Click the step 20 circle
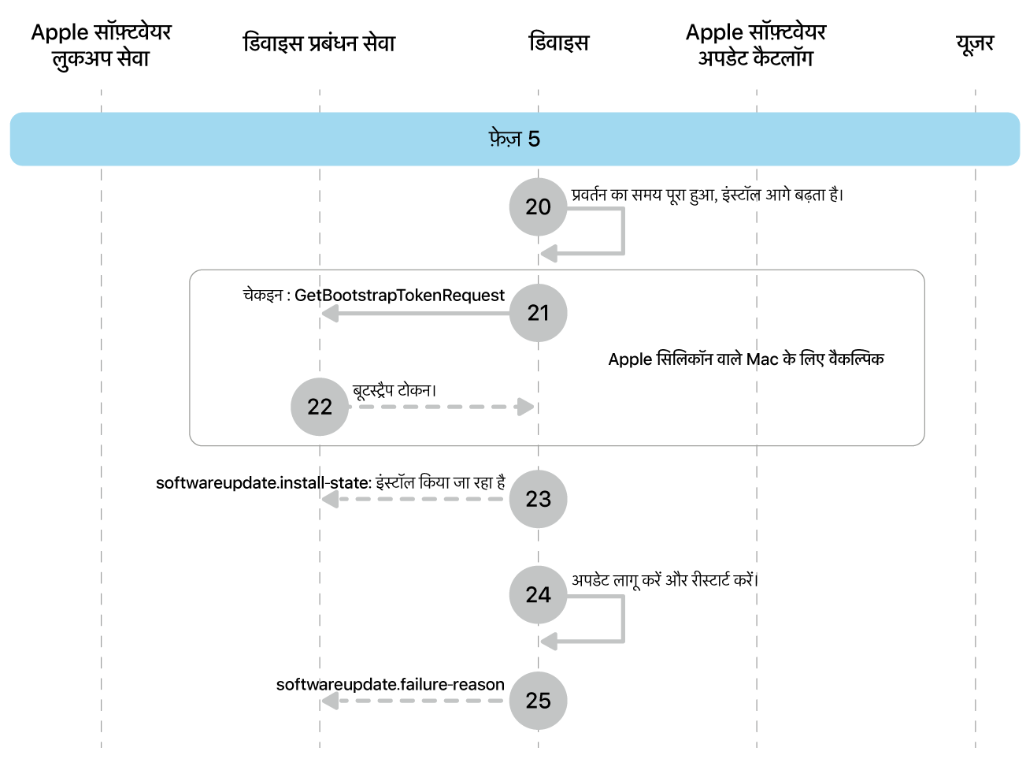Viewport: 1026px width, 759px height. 538,206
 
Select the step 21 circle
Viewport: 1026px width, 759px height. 538,313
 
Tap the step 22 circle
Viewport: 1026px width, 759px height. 320,407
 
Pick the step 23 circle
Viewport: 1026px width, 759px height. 538,499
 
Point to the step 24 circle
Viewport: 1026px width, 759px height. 538,594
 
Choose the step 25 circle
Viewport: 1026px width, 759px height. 538,701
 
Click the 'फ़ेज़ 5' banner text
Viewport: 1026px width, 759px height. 514,140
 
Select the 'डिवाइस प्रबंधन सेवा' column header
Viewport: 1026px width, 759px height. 319,43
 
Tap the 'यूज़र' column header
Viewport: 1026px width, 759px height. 975,43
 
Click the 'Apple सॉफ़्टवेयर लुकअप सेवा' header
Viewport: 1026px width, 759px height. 101,45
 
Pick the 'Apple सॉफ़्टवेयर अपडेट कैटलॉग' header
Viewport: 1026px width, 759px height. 756,45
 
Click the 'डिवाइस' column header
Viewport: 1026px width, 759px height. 558,43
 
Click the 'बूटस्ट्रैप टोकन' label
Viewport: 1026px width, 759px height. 394,391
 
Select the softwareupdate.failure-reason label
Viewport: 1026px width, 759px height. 390,684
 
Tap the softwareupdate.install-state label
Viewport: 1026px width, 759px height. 330,482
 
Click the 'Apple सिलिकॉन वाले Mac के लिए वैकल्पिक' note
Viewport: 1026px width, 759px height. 746,359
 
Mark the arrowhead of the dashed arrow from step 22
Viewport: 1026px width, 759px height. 525,407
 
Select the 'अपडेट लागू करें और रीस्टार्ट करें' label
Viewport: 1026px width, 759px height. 665,580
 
